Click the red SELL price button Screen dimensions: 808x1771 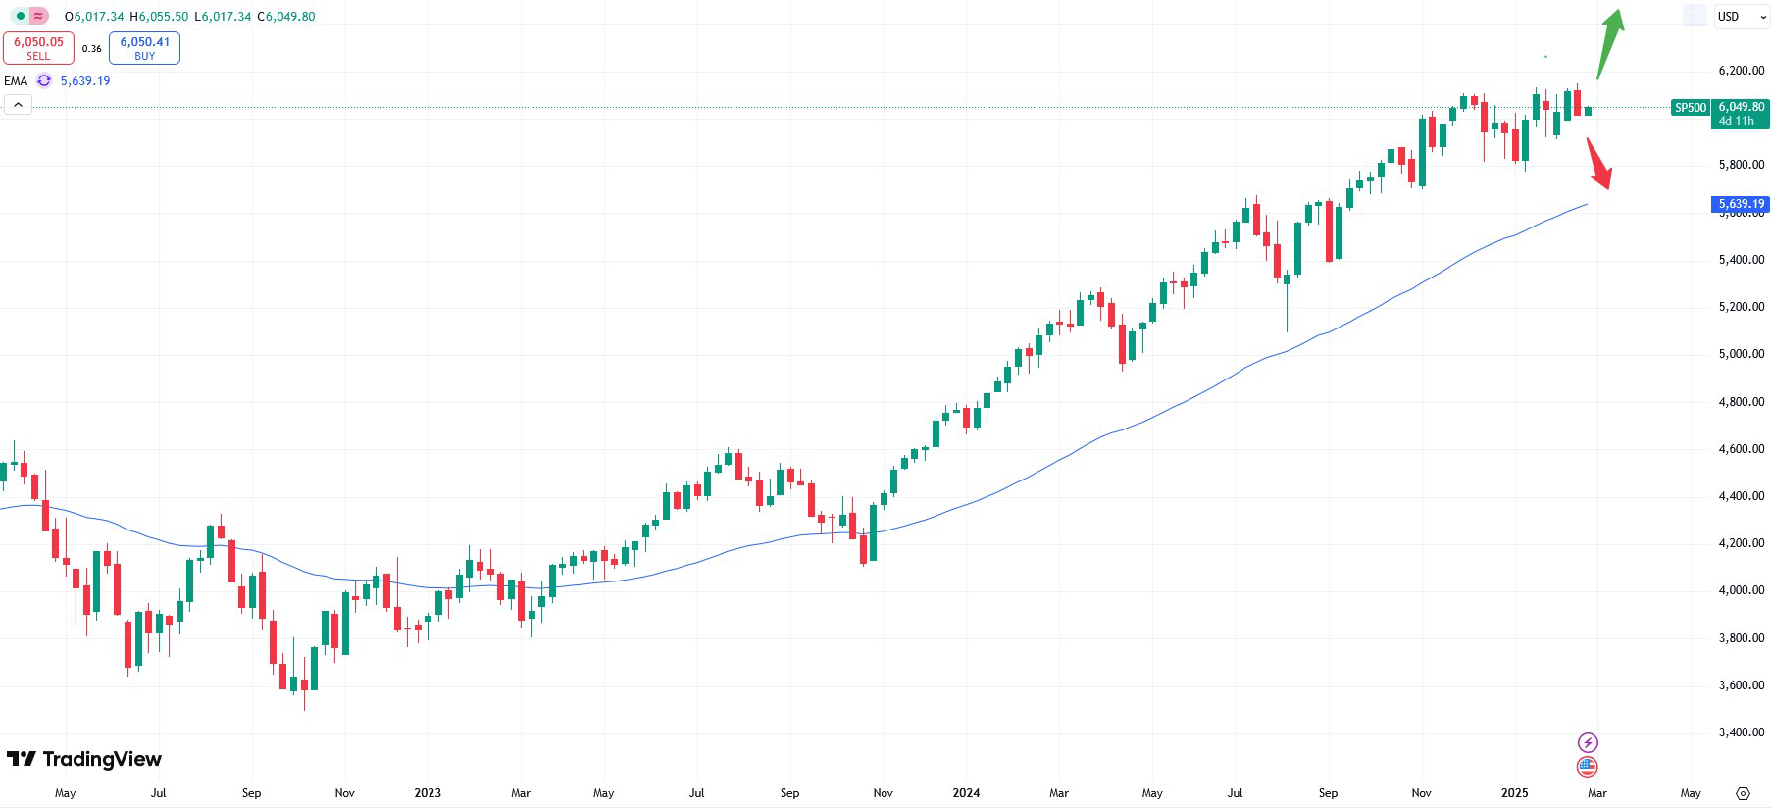38,48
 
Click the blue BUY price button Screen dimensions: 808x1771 144,48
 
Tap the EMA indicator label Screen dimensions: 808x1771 16,81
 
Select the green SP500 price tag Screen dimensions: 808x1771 1690,108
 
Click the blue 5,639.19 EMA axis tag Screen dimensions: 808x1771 1740,204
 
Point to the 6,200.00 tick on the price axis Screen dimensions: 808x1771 1741,71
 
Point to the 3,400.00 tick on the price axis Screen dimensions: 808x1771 1741,732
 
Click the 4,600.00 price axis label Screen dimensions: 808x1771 1741,449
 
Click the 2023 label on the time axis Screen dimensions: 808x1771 428,793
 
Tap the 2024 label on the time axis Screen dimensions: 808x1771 966,793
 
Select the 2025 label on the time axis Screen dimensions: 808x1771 1514,793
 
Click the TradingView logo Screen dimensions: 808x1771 84,759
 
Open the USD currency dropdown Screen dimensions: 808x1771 1741,17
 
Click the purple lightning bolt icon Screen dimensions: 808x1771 1587,742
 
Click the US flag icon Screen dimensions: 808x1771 1587,767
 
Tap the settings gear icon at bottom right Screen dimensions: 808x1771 1743,793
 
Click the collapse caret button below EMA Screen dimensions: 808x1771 18,105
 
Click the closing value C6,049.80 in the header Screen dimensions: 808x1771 286,17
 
